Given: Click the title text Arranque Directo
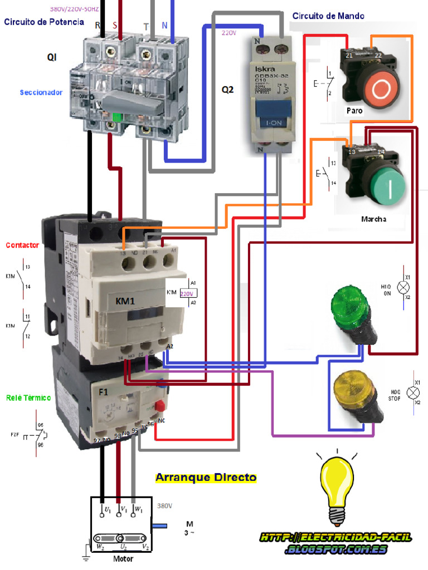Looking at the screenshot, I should point(206,478).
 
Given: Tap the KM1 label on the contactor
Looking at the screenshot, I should point(127,301).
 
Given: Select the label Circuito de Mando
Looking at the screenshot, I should point(328,16).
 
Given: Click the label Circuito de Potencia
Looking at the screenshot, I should point(44,22).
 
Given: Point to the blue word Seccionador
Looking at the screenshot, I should point(41,92).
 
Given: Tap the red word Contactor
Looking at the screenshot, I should point(22,245).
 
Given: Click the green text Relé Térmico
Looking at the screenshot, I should point(28,397).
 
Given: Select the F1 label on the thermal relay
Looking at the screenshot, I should point(103,392).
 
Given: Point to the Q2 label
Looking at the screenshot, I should point(227,89).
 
